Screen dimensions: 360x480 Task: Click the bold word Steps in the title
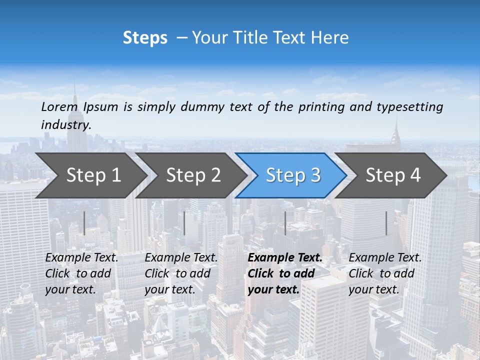point(145,38)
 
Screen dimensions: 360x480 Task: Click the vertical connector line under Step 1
point(84,223)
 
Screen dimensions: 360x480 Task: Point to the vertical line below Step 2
point(184,223)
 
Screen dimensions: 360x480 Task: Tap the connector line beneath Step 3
point(285,223)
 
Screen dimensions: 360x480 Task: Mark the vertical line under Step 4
point(386,223)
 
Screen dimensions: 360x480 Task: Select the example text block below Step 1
point(81,273)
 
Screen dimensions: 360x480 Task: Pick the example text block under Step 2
point(181,273)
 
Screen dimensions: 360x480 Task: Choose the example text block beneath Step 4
point(385,273)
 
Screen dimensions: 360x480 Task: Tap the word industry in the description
point(66,125)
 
